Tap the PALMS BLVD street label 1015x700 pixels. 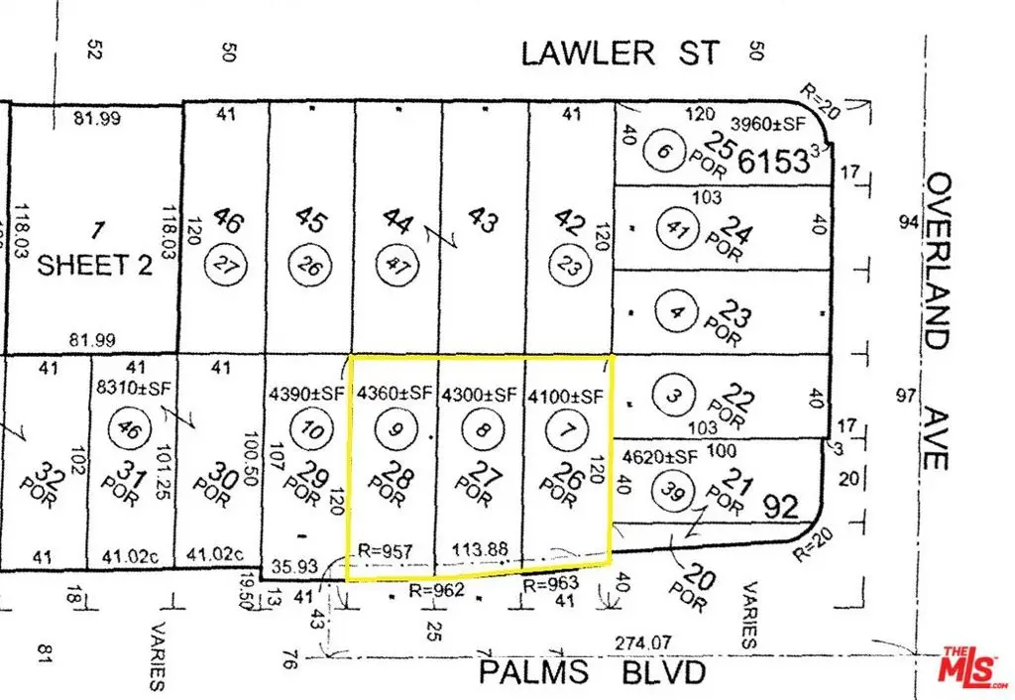coord(593,673)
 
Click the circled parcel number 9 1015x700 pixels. coord(395,429)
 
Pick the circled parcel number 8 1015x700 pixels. coord(480,429)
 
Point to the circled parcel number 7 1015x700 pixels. coord(564,429)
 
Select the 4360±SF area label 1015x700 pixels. coord(395,394)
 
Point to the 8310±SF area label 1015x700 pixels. coord(129,390)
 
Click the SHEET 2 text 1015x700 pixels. coord(95,265)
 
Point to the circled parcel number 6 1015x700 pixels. coord(662,153)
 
